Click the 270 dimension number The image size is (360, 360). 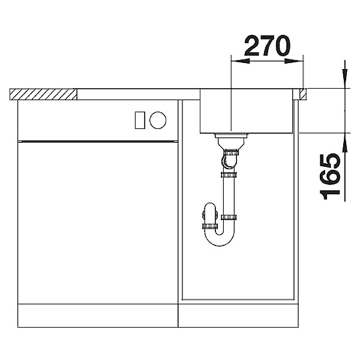(267, 46)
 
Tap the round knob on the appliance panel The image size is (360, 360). (158, 120)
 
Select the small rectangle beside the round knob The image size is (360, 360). (140, 120)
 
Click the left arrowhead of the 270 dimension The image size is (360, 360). (240, 61)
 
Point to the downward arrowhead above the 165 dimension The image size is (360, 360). (344, 79)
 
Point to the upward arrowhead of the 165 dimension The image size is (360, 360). (344, 142)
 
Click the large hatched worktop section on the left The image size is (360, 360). (43, 94)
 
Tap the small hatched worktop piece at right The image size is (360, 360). (303, 94)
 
